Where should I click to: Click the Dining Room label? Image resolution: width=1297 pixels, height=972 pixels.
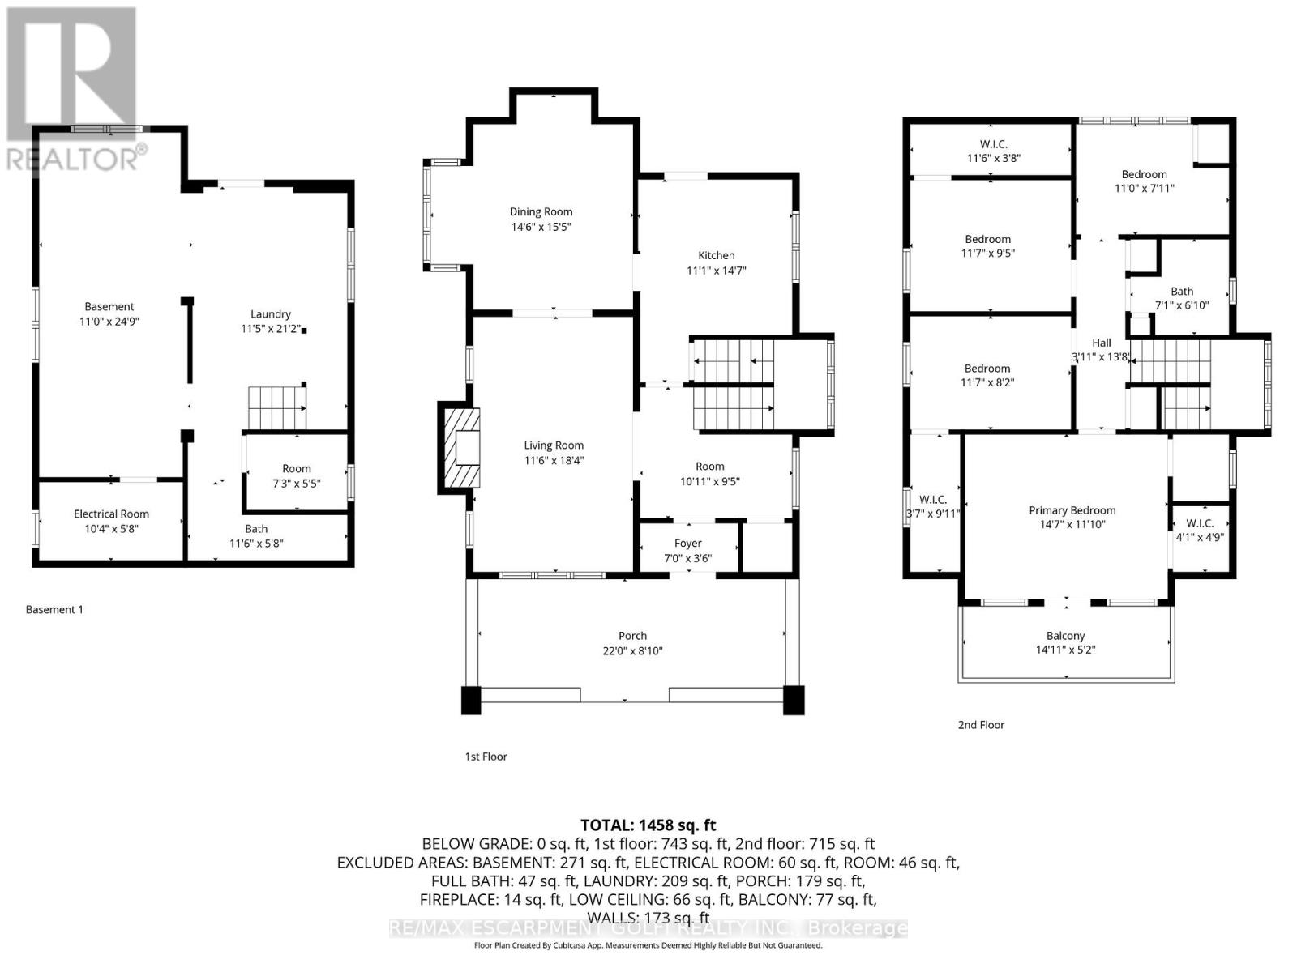tap(541, 212)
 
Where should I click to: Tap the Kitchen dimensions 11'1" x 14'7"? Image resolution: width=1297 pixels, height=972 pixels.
tap(716, 271)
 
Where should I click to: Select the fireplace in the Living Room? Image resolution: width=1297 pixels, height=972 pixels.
tap(460, 448)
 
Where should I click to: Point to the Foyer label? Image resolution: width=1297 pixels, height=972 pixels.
tap(687, 543)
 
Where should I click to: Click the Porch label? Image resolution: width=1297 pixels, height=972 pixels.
tap(632, 636)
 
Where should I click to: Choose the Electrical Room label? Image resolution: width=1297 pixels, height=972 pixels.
tap(111, 514)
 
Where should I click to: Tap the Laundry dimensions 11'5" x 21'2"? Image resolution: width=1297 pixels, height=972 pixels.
tap(271, 329)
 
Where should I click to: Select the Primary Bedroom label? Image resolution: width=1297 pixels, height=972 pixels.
tap(1072, 510)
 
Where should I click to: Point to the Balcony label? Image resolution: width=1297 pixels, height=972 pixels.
tap(1065, 636)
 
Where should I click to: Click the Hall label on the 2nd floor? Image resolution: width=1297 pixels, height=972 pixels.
tap(1102, 343)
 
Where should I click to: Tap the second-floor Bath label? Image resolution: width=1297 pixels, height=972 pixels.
tap(1182, 292)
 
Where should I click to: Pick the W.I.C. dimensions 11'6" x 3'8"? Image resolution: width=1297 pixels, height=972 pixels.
tap(993, 158)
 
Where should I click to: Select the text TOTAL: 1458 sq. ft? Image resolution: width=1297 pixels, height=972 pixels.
tap(648, 825)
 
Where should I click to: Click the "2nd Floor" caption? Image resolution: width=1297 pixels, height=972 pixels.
tap(981, 725)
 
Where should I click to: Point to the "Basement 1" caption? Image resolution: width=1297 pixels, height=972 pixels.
tap(54, 610)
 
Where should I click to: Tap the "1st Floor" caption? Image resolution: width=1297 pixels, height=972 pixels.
tap(486, 757)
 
